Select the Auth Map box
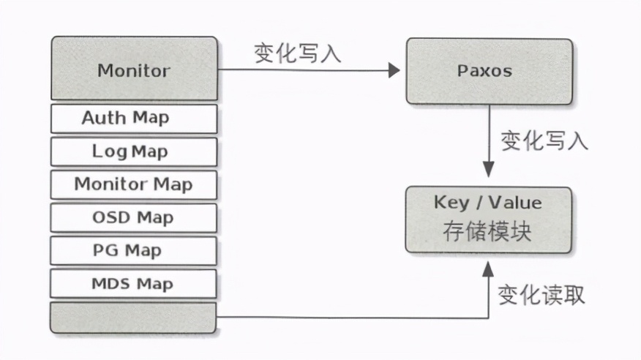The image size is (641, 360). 134,118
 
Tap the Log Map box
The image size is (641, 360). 134,151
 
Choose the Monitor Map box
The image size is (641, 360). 134,184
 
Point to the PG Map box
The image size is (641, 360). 134,250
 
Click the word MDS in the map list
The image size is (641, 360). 110,283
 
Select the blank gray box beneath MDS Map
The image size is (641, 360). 134,318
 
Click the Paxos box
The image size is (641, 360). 488,70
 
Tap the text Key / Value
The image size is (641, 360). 488,203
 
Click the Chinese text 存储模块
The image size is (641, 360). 488,230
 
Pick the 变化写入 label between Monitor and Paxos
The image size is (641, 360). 298,53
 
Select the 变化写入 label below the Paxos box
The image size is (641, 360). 544,140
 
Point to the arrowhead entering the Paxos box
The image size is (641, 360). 394,70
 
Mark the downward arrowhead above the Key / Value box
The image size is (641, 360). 488,170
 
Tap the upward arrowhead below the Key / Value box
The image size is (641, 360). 488,268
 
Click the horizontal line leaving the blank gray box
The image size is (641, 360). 351,318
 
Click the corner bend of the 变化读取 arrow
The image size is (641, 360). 488,318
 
